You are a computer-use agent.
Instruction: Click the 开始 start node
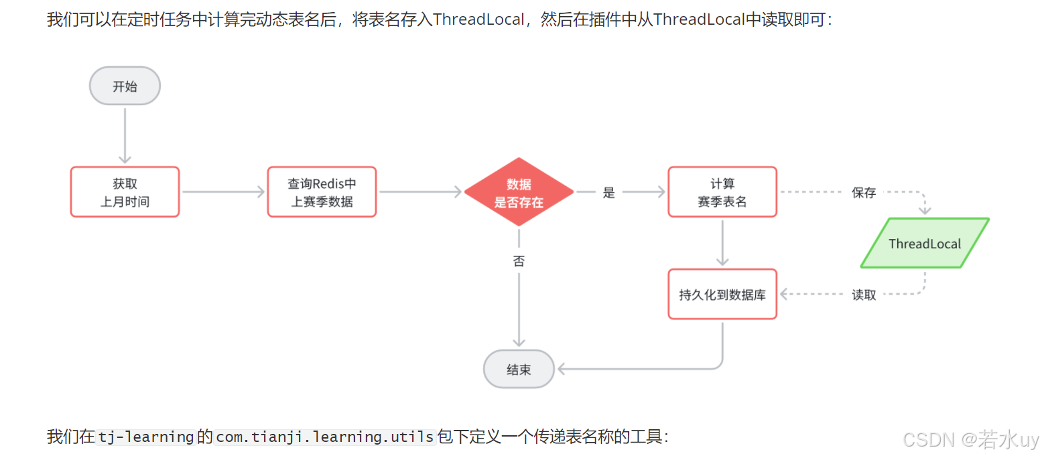point(125,86)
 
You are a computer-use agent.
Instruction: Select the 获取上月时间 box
point(125,192)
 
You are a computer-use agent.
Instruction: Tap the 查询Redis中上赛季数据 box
point(322,192)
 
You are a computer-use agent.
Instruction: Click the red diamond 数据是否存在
point(519,192)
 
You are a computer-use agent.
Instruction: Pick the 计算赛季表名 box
point(722,192)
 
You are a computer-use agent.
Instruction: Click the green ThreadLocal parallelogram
point(924,243)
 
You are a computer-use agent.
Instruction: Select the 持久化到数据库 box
point(722,294)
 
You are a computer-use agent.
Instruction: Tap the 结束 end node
point(519,368)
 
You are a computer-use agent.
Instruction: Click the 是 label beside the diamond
point(608,193)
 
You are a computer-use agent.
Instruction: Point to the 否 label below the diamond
point(519,261)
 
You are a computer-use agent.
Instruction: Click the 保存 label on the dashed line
point(864,193)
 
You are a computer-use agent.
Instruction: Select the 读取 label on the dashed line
point(864,295)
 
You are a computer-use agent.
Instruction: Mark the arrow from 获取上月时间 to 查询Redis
point(223,192)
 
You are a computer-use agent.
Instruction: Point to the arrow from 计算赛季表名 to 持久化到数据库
point(722,242)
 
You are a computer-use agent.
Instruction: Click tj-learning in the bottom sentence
point(146,437)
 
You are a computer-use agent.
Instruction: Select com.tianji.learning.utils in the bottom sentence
point(325,437)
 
